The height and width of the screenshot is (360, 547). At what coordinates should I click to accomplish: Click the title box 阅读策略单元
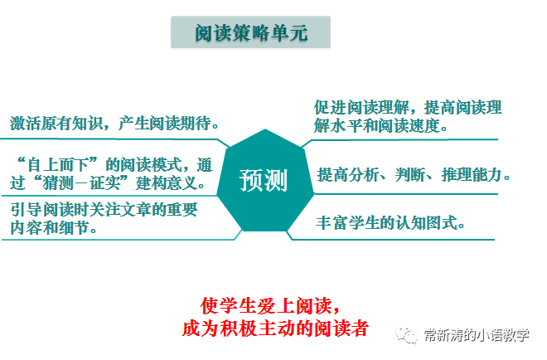pyautogui.click(x=250, y=33)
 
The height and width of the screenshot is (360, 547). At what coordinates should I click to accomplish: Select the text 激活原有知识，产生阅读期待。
pyautogui.click(x=115, y=124)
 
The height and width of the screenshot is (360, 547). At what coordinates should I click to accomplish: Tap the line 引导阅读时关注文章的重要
pyautogui.click(x=104, y=210)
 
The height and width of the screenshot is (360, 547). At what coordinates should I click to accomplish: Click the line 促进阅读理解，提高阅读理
pyautogui.click(x=408, y=108)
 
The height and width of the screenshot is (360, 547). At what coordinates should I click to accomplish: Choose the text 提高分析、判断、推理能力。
pyautogui.click(x=414, y=174)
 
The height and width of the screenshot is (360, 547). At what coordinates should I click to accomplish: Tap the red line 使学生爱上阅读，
pyautogui.click(x=271, y=305)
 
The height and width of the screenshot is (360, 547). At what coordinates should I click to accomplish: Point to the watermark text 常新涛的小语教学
pyautogui.click(x=476, y=334)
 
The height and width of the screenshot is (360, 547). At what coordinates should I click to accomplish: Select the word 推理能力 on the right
pyautogui.click(x=476, y=174)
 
